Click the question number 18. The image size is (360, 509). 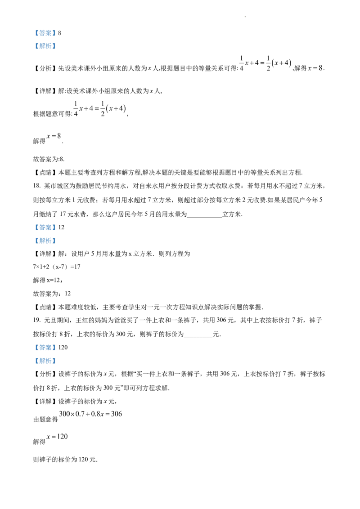(x=36, y=186)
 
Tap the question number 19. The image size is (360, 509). (x=36, y=321)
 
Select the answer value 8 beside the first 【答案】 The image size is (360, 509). (x=59, y=33)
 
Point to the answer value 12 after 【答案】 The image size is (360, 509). (x=61, y=228)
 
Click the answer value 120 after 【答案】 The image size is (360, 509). (x=63, y=348)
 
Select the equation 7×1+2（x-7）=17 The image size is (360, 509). (x=57, y=267)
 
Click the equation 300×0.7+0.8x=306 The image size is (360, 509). (x=90, y=414)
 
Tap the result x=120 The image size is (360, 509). (x=57, y=437)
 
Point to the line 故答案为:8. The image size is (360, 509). (x=49, y=159)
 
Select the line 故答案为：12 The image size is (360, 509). (x=52, y=294)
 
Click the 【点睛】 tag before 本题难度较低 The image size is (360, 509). (x=45, y=307)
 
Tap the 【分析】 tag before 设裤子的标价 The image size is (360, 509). (x=45, y=374)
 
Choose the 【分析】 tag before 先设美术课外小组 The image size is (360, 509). (x=45, y=68)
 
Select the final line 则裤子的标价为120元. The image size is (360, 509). (x=65, y=460)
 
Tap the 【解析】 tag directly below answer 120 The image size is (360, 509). (x=45, y=361)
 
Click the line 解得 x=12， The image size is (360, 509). (x=48, y=280)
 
